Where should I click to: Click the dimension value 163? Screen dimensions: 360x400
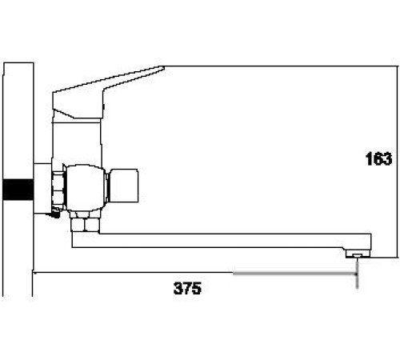[376, 160]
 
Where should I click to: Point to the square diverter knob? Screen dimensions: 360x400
[126, 184]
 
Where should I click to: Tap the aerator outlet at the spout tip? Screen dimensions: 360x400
[357, 254]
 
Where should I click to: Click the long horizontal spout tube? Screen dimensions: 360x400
[216, 240]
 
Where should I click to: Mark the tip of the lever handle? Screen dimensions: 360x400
[162, 70]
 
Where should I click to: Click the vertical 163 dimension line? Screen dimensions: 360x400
[397, 160]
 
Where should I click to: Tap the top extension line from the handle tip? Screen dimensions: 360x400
[280, 67]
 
